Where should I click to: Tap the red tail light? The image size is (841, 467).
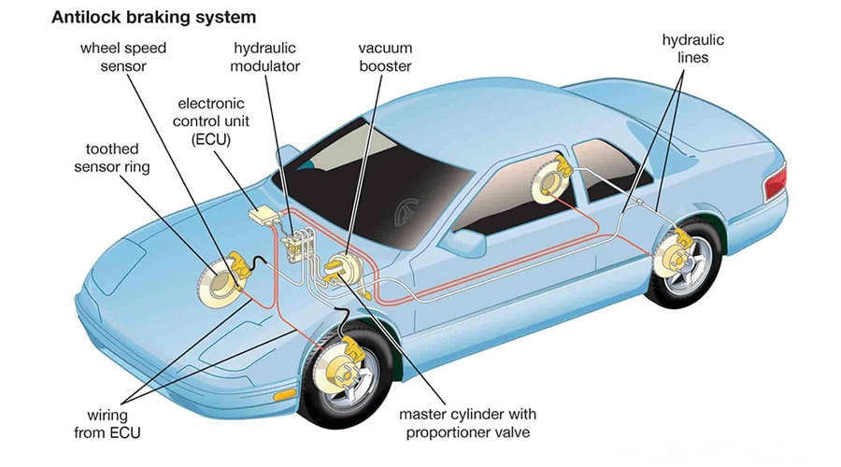774,184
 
